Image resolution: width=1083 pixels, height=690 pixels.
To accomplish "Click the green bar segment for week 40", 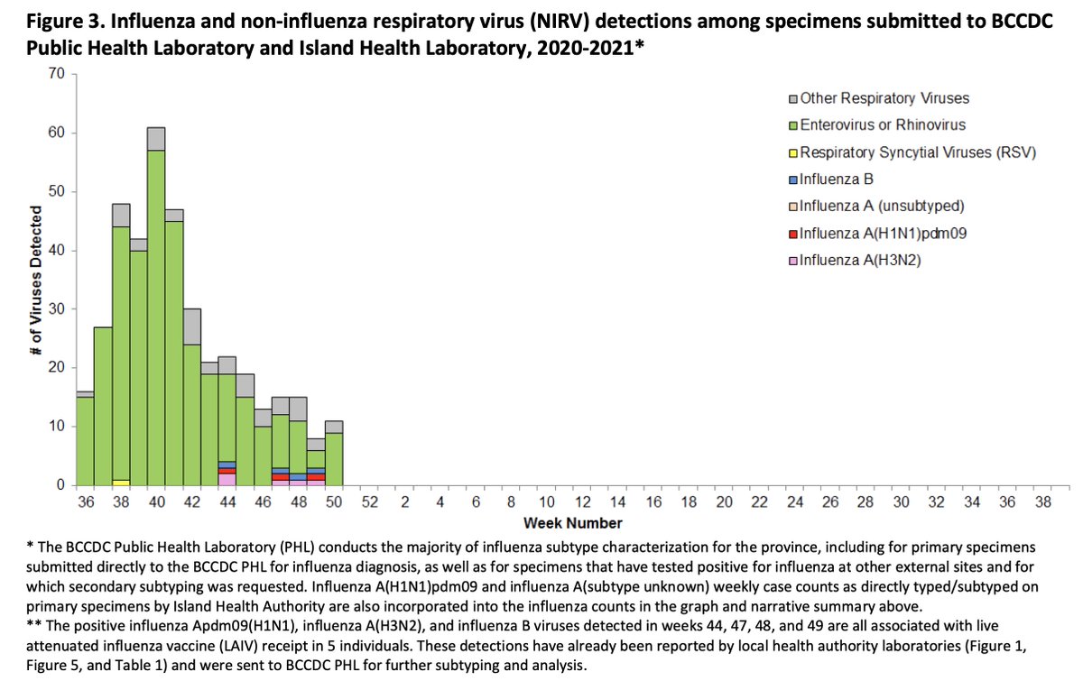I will pyautogui.click(x=156, y=316).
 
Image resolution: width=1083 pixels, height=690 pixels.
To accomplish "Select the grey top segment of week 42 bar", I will pyautogui.click(x=191, y=327).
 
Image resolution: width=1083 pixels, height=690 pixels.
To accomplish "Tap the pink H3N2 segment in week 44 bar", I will pyautogui.click(x=227, y=479).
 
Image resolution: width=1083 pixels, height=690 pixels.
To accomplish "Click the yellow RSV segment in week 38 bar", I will pyautogui.click(x=121, y=482).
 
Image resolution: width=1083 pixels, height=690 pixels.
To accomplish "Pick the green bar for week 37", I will pyautogui.click(x=103, y=406).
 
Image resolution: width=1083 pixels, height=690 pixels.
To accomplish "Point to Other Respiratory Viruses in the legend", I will pyautogui.click(x=878, y=98).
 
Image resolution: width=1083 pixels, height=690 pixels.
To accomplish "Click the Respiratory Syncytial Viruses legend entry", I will pyautogui.click(x=912, y=152).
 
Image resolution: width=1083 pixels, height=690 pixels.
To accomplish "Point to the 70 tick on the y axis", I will pyautogui.click(x=60, y=74).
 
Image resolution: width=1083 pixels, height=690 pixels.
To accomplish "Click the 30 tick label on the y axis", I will pyautogui.click(x=60, y=309).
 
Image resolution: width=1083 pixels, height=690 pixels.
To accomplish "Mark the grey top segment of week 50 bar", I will pyautogui.click(x=333, y=427).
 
